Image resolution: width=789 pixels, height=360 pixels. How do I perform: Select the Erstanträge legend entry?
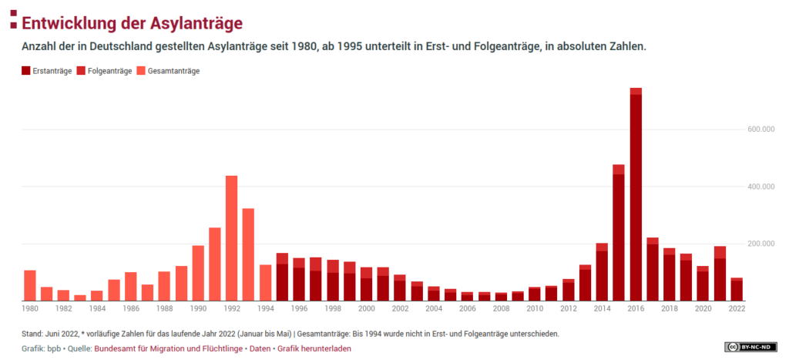point(47,71)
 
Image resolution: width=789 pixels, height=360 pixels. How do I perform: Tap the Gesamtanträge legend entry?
point(168,71)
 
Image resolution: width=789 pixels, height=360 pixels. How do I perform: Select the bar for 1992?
point(231,239)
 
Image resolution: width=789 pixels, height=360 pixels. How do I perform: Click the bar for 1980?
point(30,285)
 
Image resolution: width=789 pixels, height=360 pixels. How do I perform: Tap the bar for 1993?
point(248,254)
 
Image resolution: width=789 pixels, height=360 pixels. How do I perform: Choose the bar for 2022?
point(737,290)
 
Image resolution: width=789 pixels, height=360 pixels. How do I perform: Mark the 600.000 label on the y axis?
point(760,130)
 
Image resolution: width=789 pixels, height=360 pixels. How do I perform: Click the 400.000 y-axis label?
point(760,187)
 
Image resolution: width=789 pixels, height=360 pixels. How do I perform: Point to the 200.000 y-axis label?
point(760,244)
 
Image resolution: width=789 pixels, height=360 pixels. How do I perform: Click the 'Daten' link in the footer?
point(260,348)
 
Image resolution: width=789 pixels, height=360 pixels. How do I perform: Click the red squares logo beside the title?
point(12,20)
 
